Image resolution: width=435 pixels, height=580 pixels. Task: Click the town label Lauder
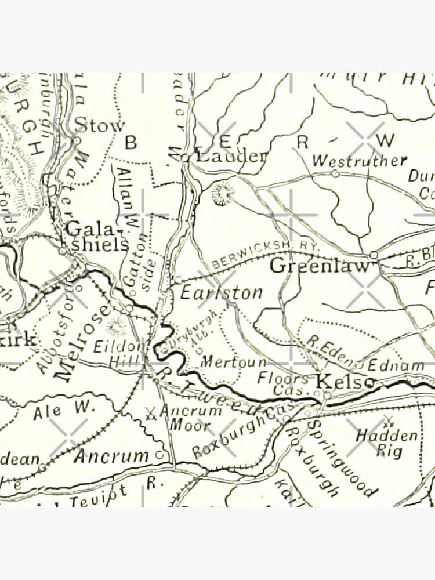point(231,155)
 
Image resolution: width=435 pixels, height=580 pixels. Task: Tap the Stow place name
point(100,125)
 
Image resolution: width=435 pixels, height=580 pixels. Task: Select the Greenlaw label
point(320,266)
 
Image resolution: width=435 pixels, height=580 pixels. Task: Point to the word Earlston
point(221,292)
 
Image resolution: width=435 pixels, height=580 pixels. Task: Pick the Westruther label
point(359,161)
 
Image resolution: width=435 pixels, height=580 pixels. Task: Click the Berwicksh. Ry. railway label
point(266,254)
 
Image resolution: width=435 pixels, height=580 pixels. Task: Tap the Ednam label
point(396,365)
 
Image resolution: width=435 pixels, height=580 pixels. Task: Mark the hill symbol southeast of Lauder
point(221,193)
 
